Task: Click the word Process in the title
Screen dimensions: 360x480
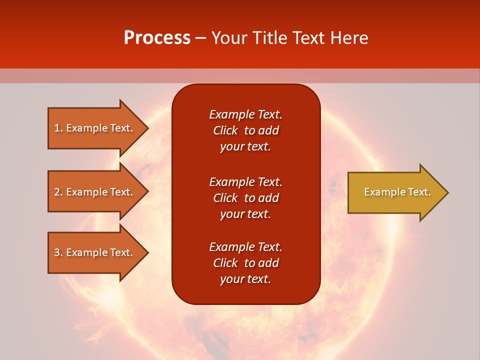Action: [157, 38]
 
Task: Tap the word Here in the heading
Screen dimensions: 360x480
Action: [348, 38]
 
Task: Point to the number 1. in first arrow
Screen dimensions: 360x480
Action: [58, 128]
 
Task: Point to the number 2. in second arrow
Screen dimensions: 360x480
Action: [58, 192]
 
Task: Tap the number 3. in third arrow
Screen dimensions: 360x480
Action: [58, 252]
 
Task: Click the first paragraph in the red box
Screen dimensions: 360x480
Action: [246, 130]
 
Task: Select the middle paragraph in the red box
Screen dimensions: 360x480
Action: [246, 197]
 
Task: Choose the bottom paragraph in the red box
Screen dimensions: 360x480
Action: [246, 263]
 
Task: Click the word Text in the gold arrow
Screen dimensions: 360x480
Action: [419, 192]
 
